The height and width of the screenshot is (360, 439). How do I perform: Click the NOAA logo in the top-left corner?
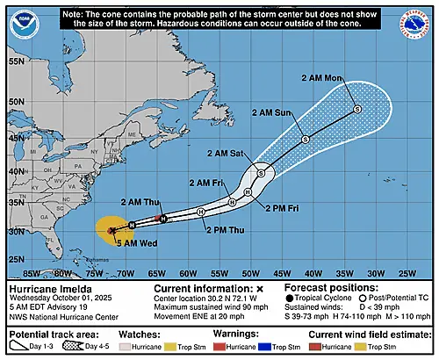tap(19, 24)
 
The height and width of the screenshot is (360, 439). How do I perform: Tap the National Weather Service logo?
tap(419, 24)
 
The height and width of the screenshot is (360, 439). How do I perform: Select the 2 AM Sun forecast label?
tap(270, 113)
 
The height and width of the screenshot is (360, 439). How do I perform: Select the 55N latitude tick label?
tap(16, 62)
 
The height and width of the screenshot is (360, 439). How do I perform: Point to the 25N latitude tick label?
tap(16, 259)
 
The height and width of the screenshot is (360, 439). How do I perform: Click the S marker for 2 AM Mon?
tap(357, 109)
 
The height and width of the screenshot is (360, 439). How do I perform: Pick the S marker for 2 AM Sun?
tap(305, 140)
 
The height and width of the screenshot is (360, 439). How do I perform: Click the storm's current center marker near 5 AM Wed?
tap(112, 230)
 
